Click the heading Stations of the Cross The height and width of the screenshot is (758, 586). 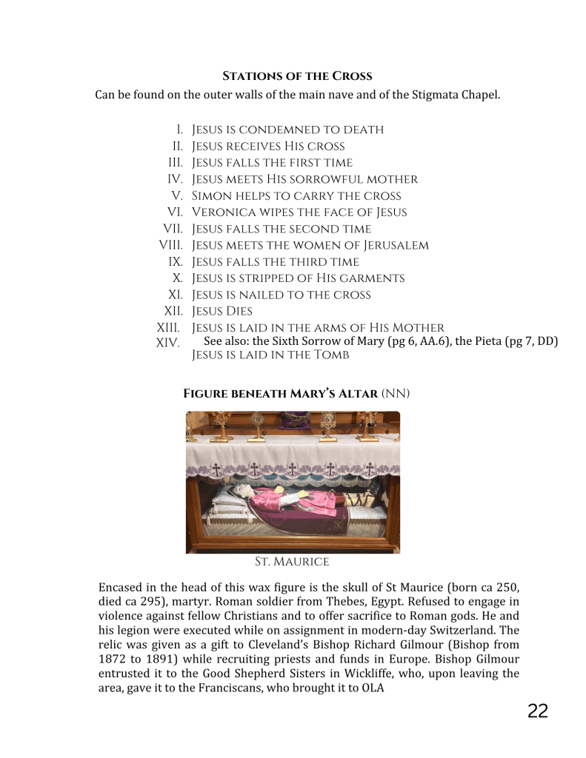[297, 76]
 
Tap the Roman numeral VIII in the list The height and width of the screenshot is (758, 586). [170, 245]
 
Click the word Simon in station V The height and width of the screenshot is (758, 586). [208, 196]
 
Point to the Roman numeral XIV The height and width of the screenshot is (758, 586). [168, 343]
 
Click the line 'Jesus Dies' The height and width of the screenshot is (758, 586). [222, 311]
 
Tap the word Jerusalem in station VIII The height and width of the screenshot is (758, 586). [395, 245]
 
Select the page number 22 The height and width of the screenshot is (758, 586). [538, 711]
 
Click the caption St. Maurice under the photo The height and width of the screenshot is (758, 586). [292, 562]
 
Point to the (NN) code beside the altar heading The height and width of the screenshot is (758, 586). [396, 394]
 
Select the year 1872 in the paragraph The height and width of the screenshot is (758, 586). [113, 660]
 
